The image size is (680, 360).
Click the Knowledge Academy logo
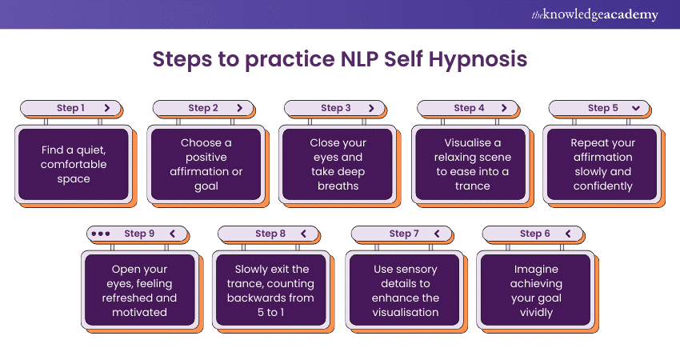click(x=594, y=14)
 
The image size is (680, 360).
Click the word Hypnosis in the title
click(x=478, y=59)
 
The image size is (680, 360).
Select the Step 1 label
click(x=70, y=108)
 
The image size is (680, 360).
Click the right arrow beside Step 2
click(x=239, y=108)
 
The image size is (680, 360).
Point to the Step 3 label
click(x=336, y=108)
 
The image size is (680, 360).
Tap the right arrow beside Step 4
click(x=504, y=108)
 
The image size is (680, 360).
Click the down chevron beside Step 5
click(x=636, y=108)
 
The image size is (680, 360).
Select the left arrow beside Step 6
click(x=568, y=234)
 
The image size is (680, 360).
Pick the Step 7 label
click(x=404, y=234)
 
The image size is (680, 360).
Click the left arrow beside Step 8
click(x=303, y=234)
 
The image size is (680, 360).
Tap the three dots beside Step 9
click(x=101, y=234)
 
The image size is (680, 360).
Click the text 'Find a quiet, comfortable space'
click(x=74, y=164)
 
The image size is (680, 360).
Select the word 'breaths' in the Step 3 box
click(x=338, y=186)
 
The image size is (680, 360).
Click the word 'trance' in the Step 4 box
click(x=472, y=186)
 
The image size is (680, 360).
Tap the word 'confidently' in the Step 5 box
click(x=603, y=186)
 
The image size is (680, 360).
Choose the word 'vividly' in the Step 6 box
click(x=536, y=313)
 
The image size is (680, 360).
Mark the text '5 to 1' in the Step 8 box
click(x=270, y=312)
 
